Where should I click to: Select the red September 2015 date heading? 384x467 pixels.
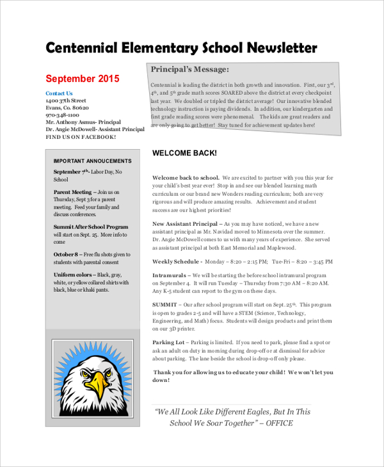[83, 79]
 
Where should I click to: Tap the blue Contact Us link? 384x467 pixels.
[59, 93]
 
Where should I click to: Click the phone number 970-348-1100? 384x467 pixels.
[62, 115]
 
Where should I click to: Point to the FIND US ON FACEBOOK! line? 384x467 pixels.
[81, 137]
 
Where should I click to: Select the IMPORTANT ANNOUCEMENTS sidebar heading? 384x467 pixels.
[92, 161]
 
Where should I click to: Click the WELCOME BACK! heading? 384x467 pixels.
[184, 154]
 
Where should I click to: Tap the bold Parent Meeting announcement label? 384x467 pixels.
[72, 192]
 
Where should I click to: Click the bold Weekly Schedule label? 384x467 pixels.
[177, 262]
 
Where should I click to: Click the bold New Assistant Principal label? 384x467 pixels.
[185, 224]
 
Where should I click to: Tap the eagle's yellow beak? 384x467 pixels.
[98, 384]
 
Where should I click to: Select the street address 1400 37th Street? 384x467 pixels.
[66, 101]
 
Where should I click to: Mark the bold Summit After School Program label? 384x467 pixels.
[91, 227]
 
